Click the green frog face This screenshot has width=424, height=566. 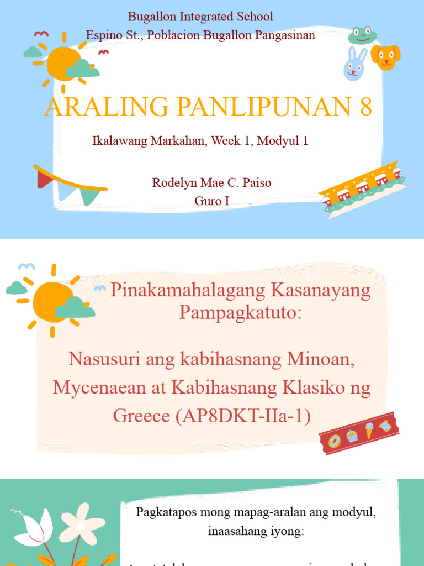(363, 35)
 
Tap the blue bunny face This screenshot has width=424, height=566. (354, 65)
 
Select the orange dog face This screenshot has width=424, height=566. (385, 57)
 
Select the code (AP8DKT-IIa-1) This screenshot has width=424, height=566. (243, 416)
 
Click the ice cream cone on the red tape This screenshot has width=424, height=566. (369, 430)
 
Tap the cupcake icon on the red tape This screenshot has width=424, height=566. (352, 436)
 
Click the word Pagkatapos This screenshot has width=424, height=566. (165, 512)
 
